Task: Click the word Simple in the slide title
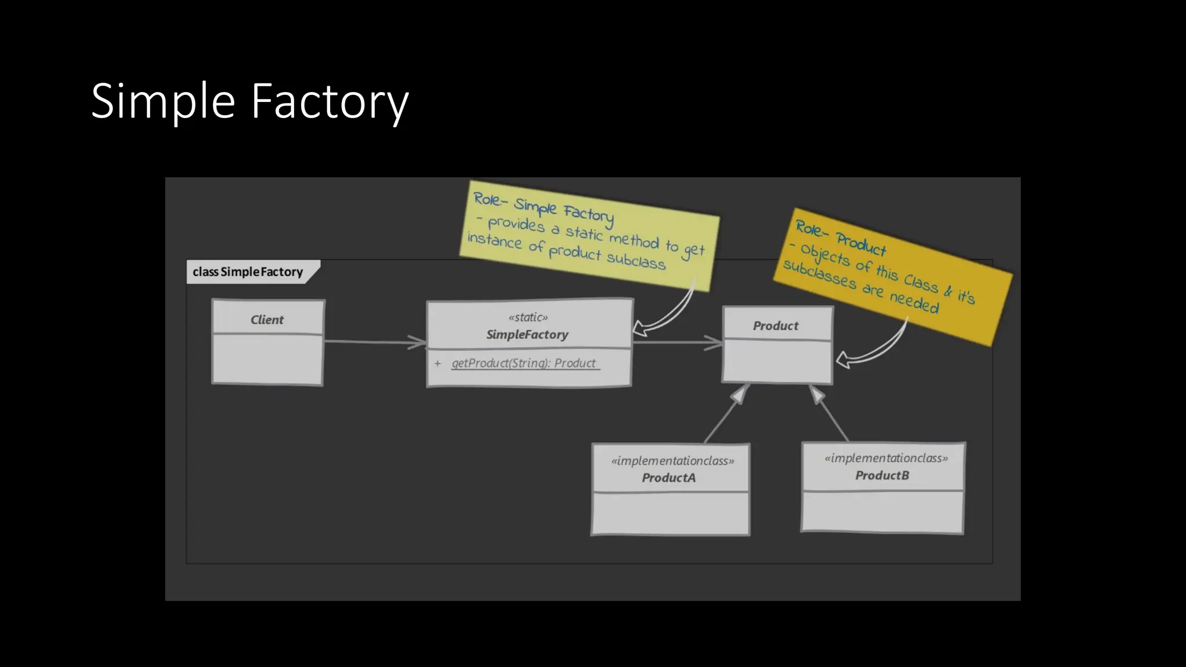163,102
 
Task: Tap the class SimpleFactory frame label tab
249,272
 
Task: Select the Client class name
267,320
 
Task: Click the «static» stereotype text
528,317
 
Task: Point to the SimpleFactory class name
527,335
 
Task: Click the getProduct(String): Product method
524,363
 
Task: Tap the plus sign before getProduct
438,364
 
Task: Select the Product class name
775,326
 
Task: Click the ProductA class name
668,478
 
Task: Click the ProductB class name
882,475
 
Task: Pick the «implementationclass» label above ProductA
672,461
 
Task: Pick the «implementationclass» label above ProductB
886,458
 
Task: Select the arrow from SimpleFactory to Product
678,342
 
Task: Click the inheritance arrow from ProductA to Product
724,417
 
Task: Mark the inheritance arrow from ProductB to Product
832,415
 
